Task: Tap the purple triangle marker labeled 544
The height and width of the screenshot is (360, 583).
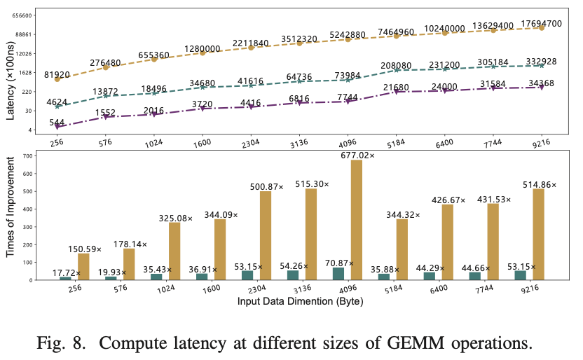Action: pos(58,127)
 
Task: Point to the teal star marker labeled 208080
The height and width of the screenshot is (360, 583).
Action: pos(397,70)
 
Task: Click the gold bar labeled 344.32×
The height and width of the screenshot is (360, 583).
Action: pos(402,249)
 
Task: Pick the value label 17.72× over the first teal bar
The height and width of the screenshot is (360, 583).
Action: pos(67,272)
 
